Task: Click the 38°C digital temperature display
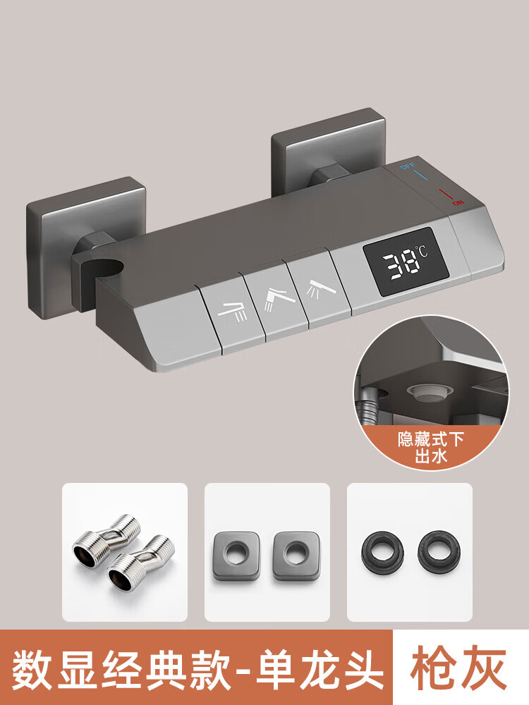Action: click(x=406, y=261)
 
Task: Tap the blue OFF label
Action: click(x=408, y=166)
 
